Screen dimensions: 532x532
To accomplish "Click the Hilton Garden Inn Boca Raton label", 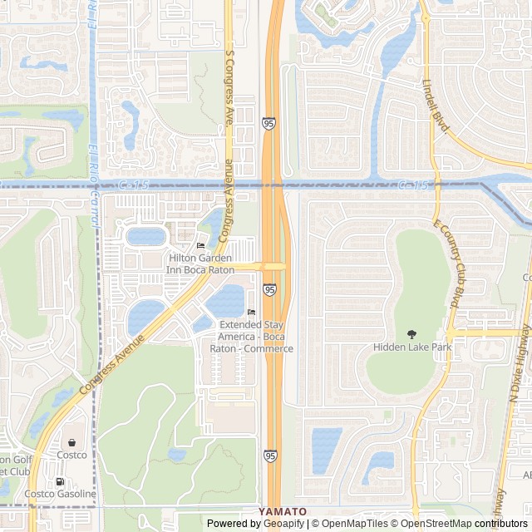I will click(200, 264).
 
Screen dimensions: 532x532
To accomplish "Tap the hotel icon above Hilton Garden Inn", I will click(200, 246).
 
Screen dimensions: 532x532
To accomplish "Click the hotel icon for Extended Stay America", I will click(251, 313).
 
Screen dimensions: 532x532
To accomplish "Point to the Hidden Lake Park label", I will click(411, 347).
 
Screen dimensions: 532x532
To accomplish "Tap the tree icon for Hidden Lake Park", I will click(411, 334).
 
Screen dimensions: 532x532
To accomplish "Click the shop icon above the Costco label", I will click(72, 442).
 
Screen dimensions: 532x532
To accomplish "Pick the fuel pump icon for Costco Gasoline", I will click(60, 481).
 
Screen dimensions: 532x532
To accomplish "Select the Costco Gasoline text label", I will click(60, 495).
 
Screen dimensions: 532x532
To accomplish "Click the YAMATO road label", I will click(283, 511).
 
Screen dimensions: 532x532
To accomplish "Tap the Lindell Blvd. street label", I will click(436, 106).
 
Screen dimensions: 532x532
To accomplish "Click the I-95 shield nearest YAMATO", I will click(270, 456).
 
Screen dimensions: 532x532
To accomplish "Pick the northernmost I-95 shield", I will click(270, 123).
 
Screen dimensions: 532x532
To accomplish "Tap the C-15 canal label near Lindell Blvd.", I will click(412, 185).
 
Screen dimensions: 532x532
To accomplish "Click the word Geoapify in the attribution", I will click(284, 524).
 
